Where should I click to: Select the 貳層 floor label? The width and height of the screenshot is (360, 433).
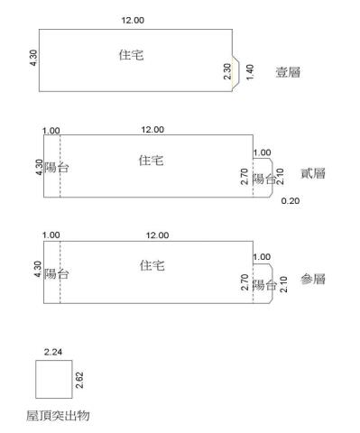click(313, 173)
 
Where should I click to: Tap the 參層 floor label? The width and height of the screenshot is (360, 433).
click(313, 280)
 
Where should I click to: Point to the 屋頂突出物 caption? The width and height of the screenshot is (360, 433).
click(58, 416)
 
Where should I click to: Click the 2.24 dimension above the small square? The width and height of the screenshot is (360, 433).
click(52, 353)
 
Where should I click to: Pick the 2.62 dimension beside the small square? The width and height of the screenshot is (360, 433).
click(80, 379)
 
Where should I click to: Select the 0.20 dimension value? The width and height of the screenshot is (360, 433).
click(290, 200)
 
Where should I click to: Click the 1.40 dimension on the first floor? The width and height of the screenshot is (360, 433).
click(250, 70)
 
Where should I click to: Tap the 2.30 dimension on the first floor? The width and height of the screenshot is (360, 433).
click(227, 71)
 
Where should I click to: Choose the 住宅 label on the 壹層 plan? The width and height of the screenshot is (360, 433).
click(131, 55)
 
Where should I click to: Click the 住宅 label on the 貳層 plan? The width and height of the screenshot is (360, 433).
click(152, 160)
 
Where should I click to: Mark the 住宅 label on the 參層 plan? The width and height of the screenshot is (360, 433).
click(152, 265)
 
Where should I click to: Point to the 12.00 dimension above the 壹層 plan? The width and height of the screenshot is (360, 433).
click(132, 19)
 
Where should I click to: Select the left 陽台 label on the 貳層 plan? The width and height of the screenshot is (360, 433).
click(57, 168)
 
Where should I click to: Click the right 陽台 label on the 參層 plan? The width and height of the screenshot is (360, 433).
click(264, 285)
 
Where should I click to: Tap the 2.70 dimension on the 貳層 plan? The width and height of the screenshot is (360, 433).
click(245, 176)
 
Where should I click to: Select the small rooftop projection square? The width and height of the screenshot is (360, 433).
click(53, 379)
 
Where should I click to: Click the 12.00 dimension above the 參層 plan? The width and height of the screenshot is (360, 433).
click(157, 235)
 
